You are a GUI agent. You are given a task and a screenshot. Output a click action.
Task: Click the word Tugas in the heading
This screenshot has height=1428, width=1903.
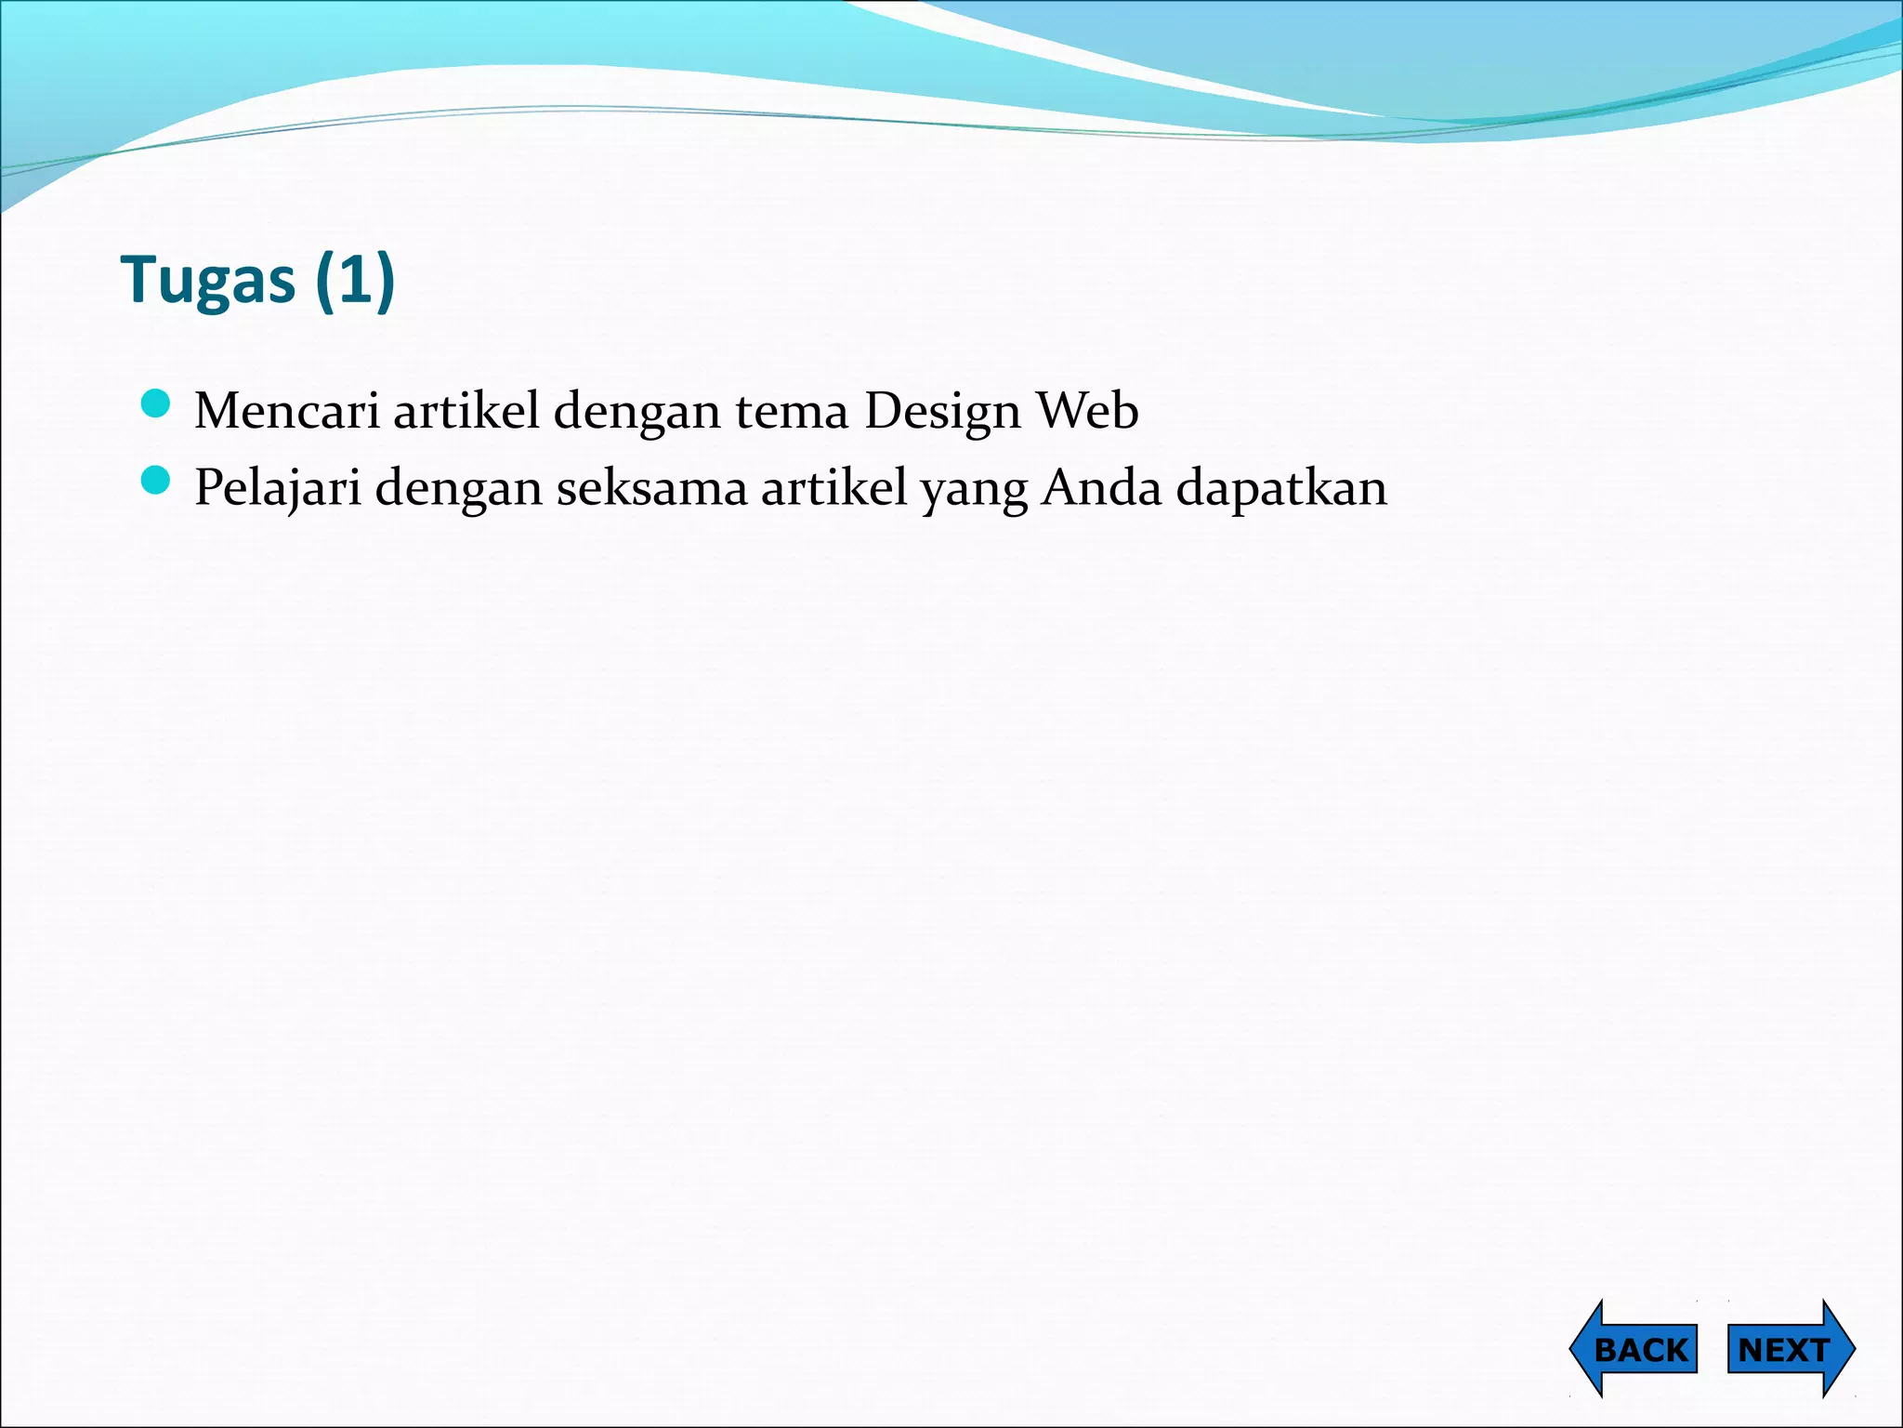(x=207, y=280)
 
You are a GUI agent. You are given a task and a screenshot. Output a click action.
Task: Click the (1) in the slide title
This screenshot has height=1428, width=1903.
(x=355, y=280)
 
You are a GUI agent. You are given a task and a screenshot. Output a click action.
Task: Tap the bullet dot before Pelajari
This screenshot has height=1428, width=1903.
(x=156, y=481)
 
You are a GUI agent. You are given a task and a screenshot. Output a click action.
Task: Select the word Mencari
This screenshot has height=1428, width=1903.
(x=286, y=410)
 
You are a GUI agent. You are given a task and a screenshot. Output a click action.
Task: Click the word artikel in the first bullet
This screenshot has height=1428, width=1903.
(x=466, y=410)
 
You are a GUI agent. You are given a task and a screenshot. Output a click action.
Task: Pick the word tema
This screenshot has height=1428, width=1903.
(x=792, y=410)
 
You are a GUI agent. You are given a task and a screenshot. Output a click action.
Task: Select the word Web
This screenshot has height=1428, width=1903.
(x=1087, y=410)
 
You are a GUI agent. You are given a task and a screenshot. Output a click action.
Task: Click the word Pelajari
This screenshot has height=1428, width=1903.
(x=277, y=488)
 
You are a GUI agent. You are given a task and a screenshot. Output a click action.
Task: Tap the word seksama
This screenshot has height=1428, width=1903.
(x=651, y=488)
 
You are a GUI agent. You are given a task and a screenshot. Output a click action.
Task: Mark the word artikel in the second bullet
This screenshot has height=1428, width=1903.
(x=833, y=488)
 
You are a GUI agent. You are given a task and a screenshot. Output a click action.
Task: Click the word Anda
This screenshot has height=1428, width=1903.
(x=1101, y=488)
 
